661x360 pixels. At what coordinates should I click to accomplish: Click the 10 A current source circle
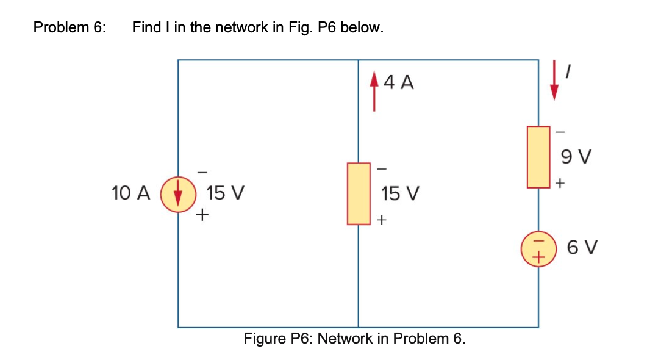pos(178,195)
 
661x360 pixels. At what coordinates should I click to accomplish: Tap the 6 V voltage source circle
pos(538,248)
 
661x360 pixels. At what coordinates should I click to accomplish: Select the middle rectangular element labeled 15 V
pos(359,193)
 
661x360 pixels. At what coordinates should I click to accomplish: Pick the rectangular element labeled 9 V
pos(538,156)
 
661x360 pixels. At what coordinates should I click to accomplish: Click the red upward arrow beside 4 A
pos(374,92)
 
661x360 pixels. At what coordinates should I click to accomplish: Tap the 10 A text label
pos(130,194)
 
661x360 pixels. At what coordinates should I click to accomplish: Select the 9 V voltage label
pos(577,157)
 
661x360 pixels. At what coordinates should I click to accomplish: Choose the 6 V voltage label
pos(582,248)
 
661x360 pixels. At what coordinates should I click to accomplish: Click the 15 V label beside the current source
pos(225,194)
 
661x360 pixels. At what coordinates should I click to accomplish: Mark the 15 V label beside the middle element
pos(400,194)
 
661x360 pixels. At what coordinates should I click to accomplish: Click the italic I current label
pos(568,73)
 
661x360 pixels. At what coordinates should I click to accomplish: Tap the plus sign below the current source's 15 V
pos(202,215)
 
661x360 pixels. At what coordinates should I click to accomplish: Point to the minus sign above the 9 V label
pos(562,131)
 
